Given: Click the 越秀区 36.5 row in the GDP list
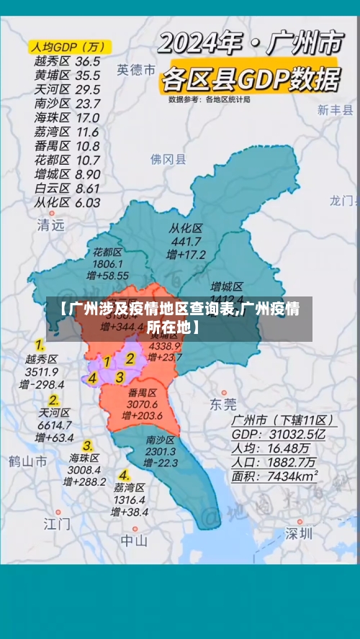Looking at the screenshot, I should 67,62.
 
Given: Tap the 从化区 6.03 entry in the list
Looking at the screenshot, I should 67,203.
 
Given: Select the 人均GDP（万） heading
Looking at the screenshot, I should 66,47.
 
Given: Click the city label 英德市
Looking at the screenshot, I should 136,70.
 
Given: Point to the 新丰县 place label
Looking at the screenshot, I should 335,110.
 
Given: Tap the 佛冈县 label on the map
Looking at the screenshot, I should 168,159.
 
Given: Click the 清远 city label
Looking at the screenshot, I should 51,225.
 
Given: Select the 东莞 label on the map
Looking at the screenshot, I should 222,404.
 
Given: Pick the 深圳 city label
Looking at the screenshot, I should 298,533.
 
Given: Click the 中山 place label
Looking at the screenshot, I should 134,540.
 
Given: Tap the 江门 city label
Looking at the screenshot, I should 57,522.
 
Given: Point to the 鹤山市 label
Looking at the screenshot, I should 27,460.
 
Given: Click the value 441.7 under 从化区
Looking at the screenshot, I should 186,242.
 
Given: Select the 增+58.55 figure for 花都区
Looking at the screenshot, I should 107,276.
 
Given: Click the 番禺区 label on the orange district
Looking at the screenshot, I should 143,393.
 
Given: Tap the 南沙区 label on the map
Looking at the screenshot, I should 161,440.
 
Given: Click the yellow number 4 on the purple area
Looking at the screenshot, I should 92,378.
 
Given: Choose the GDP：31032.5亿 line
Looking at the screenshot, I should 278,434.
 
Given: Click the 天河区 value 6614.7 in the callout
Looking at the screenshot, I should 54,425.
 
